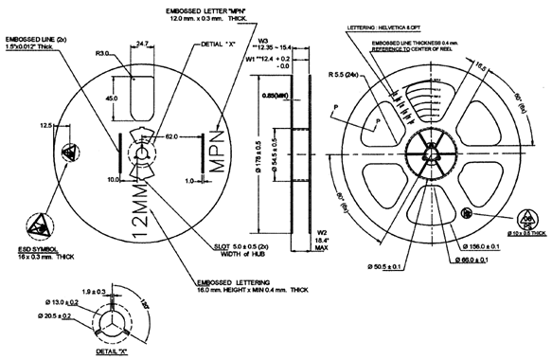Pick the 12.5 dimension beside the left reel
click(x=45, y=125)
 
